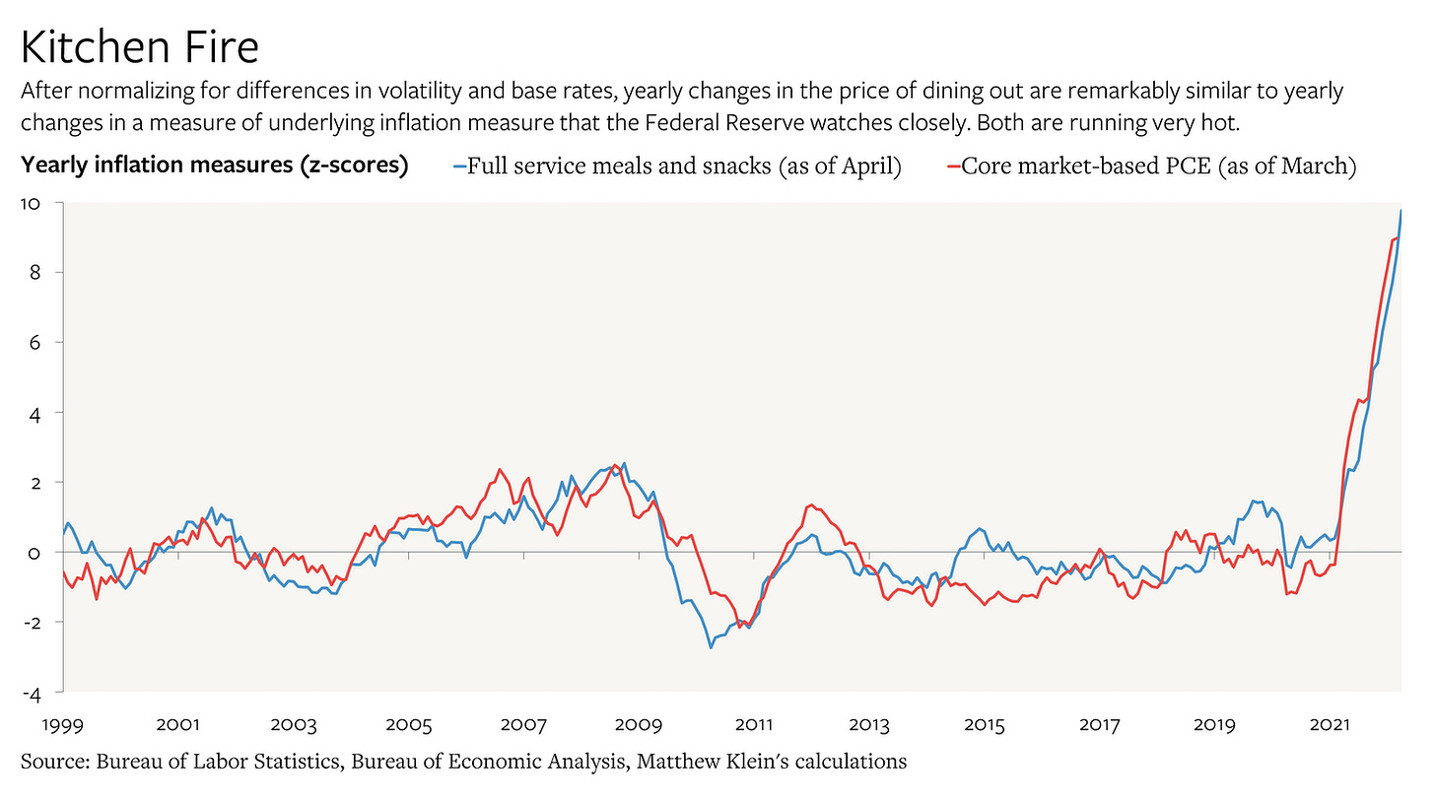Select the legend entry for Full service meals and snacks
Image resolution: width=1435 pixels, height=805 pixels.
click(x=684, y=166)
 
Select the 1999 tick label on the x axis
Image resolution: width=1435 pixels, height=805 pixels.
click(x=62, y=726)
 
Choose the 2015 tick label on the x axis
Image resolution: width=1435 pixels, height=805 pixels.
click(x=985, y=726)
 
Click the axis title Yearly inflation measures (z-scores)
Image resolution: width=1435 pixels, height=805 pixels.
click(x=215, y=166)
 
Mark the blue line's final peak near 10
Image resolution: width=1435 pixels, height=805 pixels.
click(x=1401, y=211)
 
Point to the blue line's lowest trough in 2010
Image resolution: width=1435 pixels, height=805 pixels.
click(x=711, y=647)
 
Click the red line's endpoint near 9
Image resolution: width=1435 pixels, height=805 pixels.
click(x=1398, y=237)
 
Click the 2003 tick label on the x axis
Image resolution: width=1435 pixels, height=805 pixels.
click(x=293, y=726)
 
